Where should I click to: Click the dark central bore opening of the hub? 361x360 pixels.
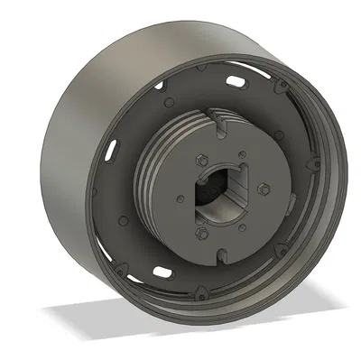217,200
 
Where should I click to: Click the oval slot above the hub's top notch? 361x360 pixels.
236,82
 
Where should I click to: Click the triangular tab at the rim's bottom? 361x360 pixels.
200,293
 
